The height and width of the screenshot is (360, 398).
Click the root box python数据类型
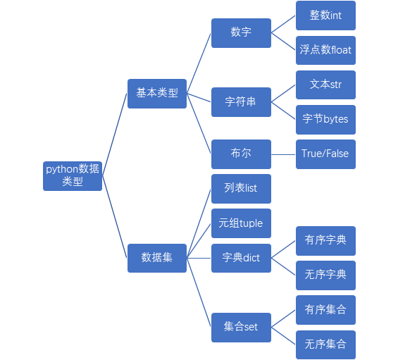coord(73,176)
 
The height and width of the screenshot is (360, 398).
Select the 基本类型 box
coord(157,94)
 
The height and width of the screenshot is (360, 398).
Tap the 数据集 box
coord(157,258)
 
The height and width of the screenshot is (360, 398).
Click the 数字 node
coord(241,33)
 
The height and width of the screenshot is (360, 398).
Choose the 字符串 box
coord(241,102)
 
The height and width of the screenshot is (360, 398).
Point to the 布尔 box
coord(241,154)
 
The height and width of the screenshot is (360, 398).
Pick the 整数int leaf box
coord(325,15)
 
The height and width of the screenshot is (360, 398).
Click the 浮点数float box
coord(325,50)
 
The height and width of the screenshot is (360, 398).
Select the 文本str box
coord(325,85)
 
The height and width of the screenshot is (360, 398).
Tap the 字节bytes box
coord(325,120)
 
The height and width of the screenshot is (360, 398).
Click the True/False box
coord(325,154)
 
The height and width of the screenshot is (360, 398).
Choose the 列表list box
coord(241,189)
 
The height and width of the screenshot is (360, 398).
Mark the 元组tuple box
coord(241,223)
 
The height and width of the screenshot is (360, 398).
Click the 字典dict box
coord(241,258)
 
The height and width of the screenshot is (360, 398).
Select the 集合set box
coord(241,328)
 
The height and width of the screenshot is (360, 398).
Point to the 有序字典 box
coord(325,241)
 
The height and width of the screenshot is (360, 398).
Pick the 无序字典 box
coord(325,275)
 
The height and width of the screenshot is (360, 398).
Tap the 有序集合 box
coord(325,310)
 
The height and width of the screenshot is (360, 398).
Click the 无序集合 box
coord(325,345)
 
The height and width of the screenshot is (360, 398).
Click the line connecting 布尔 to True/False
coord(283,154)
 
